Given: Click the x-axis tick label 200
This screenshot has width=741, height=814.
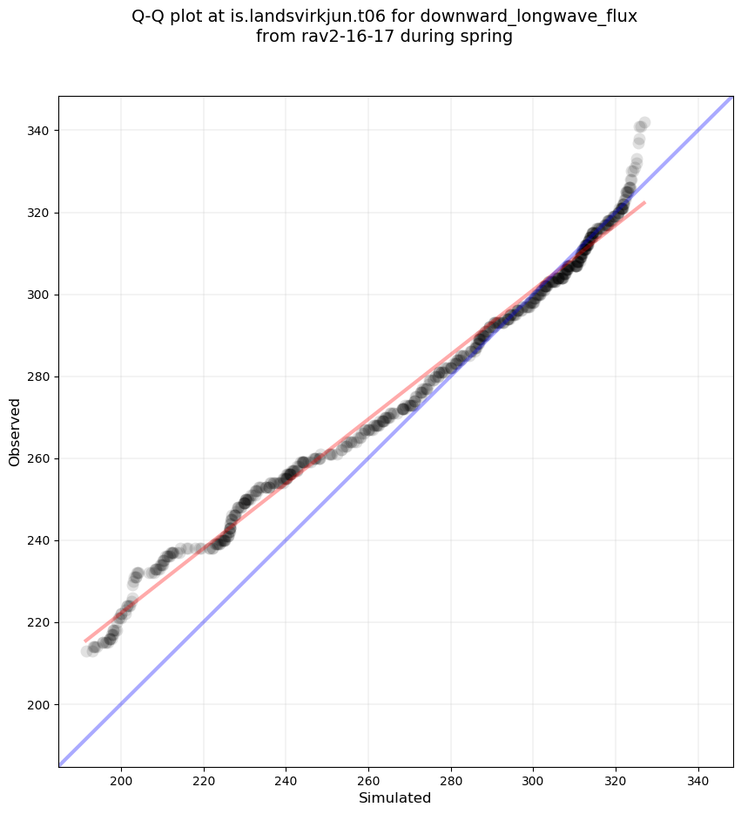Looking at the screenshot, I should tap(121, 778).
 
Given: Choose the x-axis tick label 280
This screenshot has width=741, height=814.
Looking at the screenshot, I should tap(451, 778).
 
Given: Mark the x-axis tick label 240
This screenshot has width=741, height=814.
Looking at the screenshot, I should tap(286, 778).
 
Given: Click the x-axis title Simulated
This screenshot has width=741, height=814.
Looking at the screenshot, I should tap(395, 797).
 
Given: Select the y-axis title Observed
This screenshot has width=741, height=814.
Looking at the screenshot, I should tap(15, 431).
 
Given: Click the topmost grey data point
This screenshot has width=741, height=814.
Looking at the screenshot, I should tap(644, 123).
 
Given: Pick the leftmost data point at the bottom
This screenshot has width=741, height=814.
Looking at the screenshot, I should tap(87, 651).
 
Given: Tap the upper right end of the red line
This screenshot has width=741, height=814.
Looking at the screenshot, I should tap(644, 202).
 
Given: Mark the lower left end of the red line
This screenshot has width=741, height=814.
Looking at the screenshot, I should tap(85, 641).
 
